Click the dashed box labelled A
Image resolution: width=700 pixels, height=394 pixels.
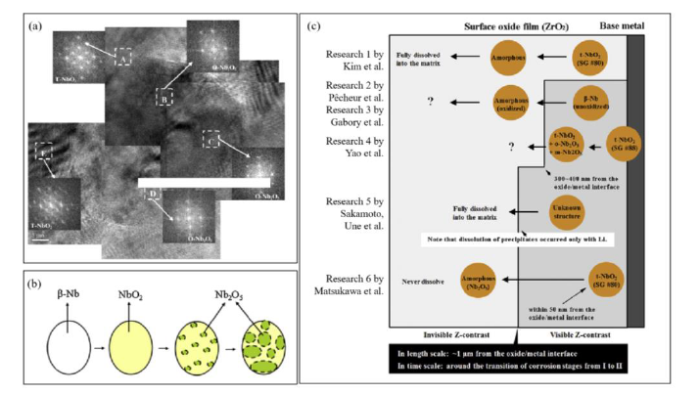[123, 58]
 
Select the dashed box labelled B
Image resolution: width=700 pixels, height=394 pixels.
[165, 97]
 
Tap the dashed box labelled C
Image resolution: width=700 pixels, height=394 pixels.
[210, 138]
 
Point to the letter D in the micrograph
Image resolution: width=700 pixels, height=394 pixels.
[153, 194]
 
